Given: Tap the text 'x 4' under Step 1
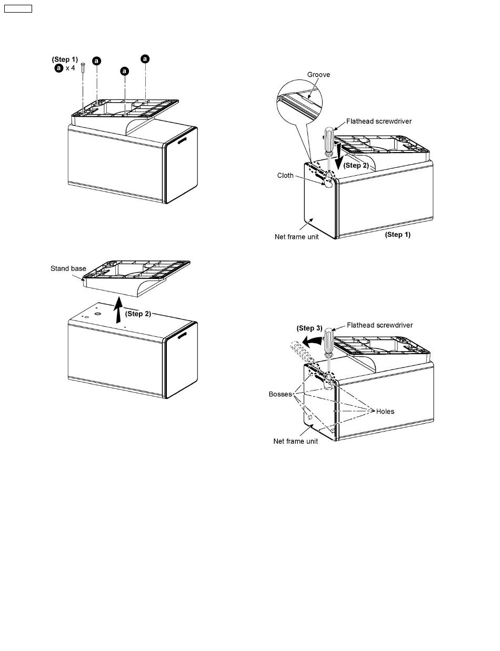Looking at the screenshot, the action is [x=70, y=68].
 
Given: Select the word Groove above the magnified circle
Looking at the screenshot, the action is [x=319, y=75].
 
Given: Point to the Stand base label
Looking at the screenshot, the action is [x=68, y=268].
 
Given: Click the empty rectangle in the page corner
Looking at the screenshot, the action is [x=18, y=8].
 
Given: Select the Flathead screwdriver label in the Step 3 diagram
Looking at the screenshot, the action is [x=379, y=325].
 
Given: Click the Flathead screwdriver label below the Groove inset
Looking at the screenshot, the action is [x=379, y=122].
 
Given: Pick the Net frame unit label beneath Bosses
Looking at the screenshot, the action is [x=296, y=441].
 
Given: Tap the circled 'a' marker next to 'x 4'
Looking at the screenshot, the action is [x=58, y=68].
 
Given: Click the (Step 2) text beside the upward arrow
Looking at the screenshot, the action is [x=138, y=314].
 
